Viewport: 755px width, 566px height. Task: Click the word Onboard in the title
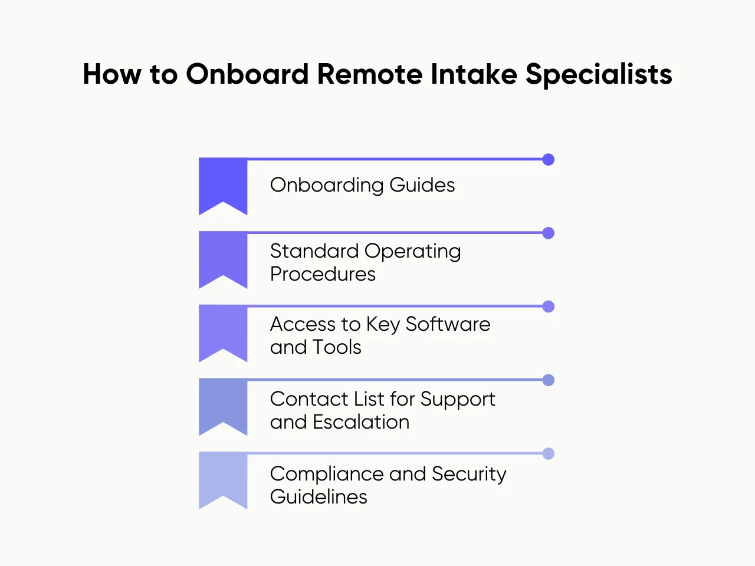coord(247,74)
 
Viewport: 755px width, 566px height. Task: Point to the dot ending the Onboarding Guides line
coord(549,159)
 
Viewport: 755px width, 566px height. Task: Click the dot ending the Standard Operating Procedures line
coord(549,233)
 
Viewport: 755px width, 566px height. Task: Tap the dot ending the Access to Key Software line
coord(549,307)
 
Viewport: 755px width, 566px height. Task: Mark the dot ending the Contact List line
coord(549,380)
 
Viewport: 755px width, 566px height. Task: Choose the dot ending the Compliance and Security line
coord(549,453)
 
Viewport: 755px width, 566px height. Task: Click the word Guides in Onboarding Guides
coord(422,185)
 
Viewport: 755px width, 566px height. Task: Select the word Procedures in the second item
coord(323,274)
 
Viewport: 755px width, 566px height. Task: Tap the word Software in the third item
coord(448,324)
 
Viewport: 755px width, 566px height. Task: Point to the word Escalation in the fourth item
coord(361,422)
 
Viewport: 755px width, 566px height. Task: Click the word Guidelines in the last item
coord(319,497)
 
